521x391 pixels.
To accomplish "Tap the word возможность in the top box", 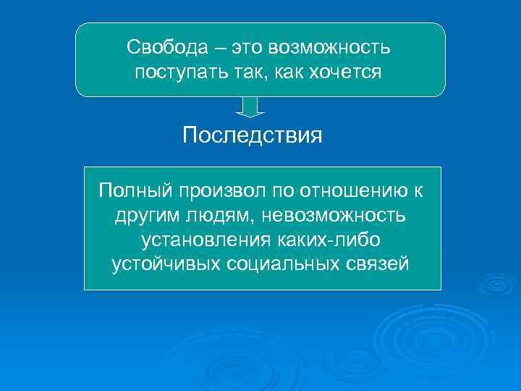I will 329,48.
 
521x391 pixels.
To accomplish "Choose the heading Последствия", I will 253,135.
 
